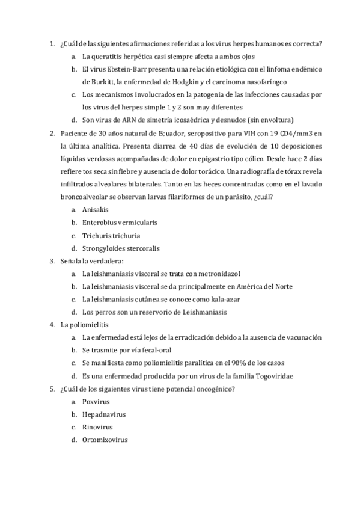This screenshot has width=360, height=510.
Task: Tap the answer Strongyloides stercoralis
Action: (119, 248)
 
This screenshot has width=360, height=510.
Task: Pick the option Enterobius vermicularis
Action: (115, 222)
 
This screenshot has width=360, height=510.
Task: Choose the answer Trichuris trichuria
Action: (108, 235)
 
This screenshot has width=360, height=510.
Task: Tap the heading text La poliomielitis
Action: (84, 325)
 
